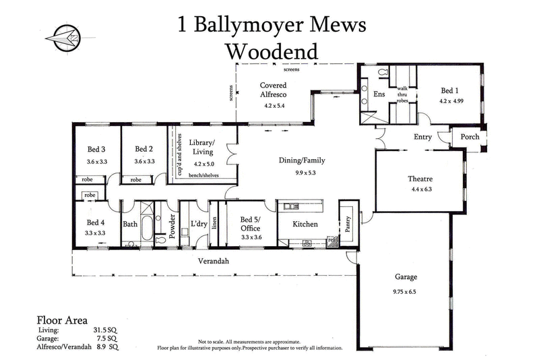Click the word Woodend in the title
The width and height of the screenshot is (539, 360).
[x=272, y=51]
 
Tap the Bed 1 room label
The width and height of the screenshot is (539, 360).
[x=450, y=90]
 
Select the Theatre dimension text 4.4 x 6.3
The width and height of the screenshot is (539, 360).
[x=420, y=189]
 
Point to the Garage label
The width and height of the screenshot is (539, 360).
[x=406, y=277]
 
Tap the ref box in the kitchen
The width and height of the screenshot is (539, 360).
[x=331, y=239]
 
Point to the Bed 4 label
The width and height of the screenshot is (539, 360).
[x=96, y=222]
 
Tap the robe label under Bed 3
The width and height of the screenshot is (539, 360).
[x=87, y=180]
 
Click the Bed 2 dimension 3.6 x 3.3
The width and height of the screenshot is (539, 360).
[x=144, y=161]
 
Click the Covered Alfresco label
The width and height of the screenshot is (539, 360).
[x=274, y=90]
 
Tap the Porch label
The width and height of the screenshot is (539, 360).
[x=470, y=137]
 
